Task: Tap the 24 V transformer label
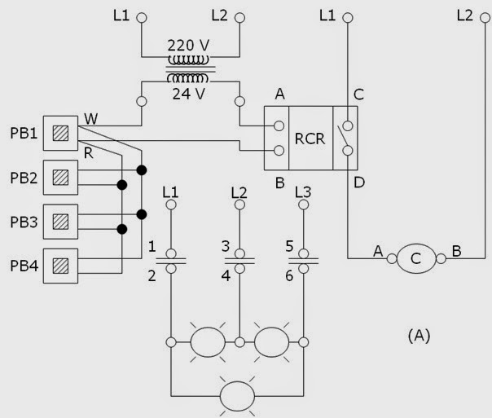[x=188, y=91]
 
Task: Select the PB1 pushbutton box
[x=59, y=132]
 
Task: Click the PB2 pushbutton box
[x=59, y=177]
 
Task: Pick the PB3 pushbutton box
[x=59, y=221]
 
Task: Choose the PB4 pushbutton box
[x=59, y=265]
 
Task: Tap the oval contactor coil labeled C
[x=417, y=259]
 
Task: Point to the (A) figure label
[x=417, y=334]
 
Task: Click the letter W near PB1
[x=90, y=120]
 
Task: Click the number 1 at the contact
[x=152, y=245]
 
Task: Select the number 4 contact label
[x=224, y=275]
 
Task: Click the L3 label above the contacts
[x=302, y=192]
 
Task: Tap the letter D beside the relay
[x=359, y=183]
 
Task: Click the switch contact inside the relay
[x=348, y=139]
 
